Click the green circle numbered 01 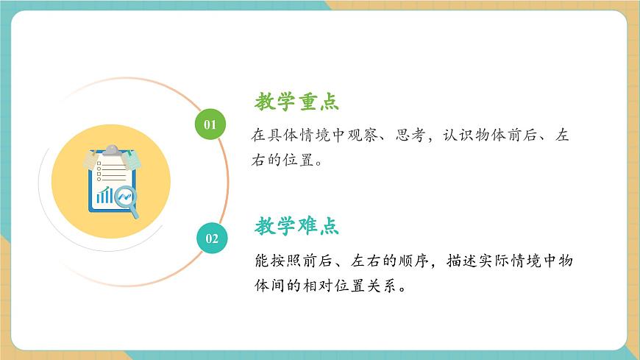point(210,124)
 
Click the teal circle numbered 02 point(211,238)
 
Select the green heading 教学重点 point(297,102)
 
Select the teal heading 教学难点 point(297,226)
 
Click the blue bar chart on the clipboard point(105,195)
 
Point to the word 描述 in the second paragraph point(461,261)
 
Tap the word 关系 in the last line point(388,286)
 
